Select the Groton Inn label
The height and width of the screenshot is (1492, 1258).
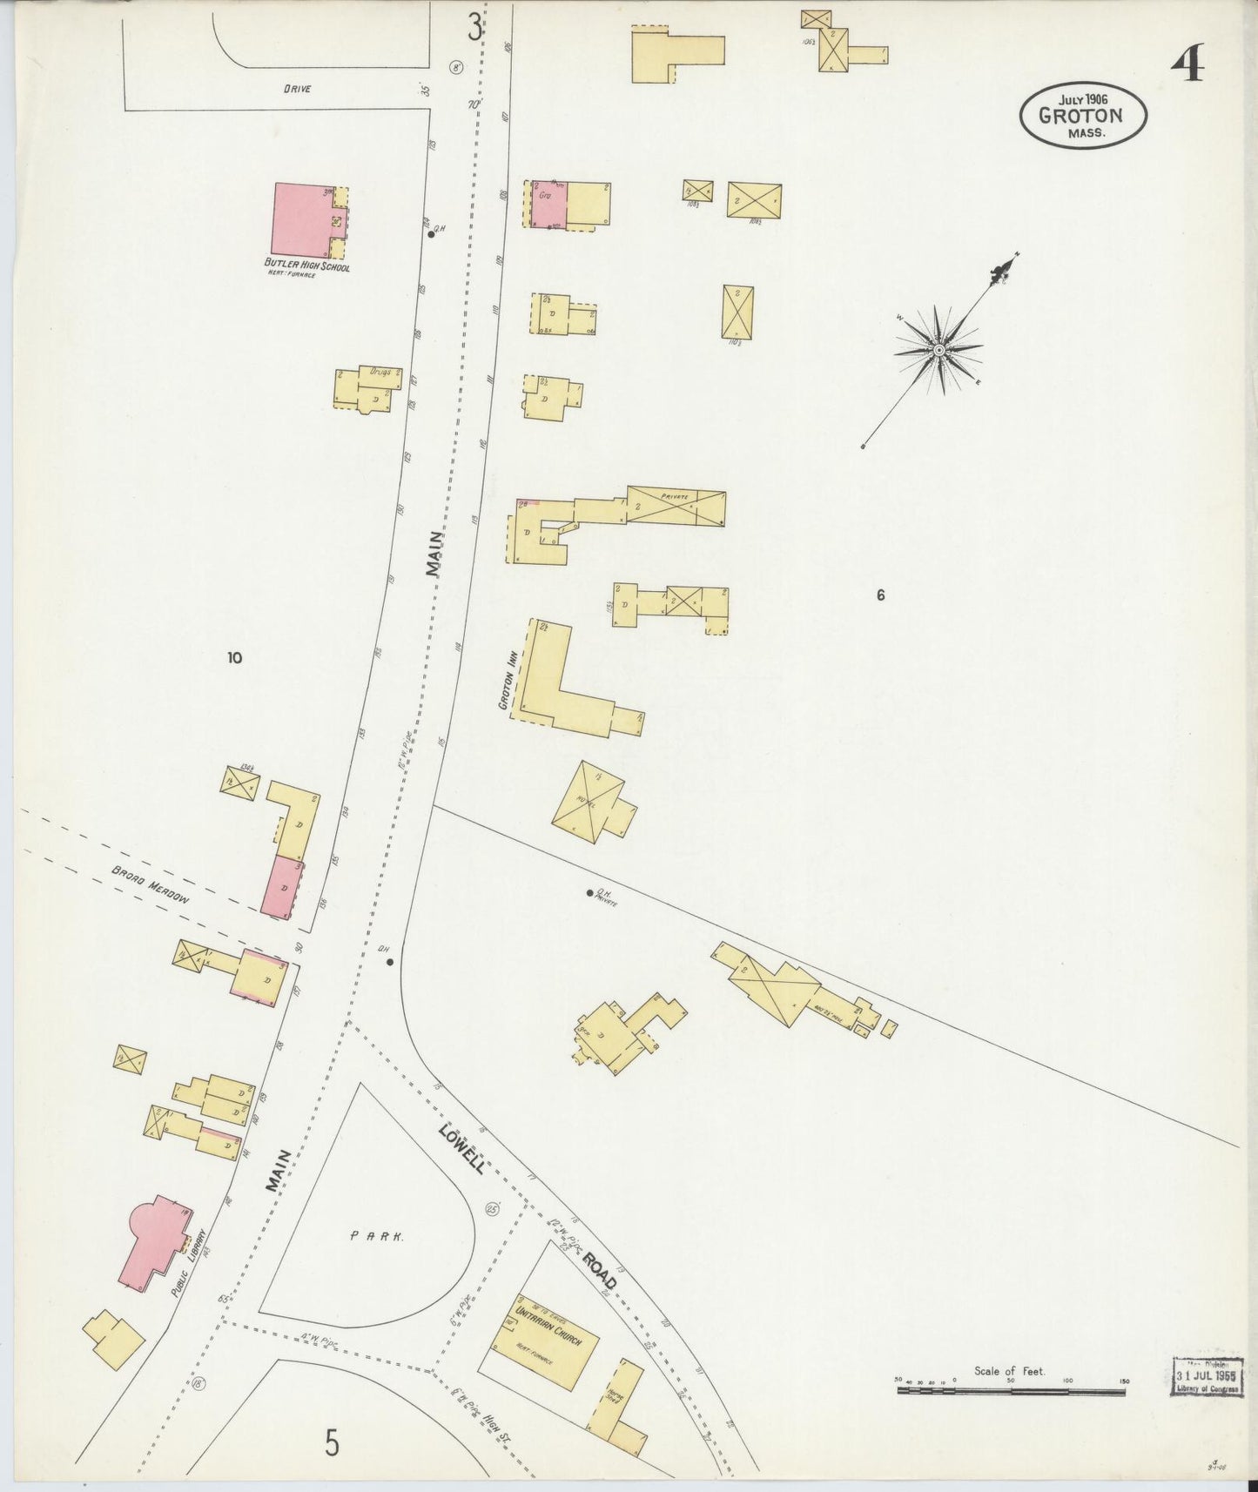503,687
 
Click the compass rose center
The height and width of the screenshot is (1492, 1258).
939,350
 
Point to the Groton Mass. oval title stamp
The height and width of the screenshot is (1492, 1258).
1083,116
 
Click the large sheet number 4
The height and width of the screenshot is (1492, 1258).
1188,63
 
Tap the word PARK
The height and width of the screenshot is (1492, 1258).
376,1235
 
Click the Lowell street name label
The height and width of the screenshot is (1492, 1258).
461,1147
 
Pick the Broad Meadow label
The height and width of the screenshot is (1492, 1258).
150,885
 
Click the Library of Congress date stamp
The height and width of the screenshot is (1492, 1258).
1207,1376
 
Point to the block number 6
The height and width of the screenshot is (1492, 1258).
881,595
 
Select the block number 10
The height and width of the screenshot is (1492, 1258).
234,658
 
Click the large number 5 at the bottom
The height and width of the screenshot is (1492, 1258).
332,1444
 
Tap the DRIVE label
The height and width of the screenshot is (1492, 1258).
296,89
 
